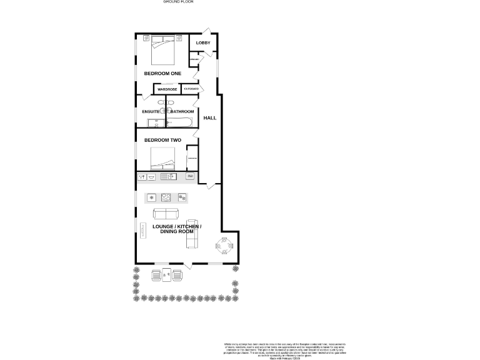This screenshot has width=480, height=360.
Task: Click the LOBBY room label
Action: click(x=203, y=42)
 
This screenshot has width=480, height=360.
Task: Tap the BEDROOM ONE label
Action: click(x=162, y=73)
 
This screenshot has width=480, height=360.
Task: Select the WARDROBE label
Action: click(x=167, y=90)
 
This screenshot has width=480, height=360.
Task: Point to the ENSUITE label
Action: click(x=151, y=112)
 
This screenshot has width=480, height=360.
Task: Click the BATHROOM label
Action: click(x=182, y=112)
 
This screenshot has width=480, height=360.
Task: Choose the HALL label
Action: click(x=210, y=117)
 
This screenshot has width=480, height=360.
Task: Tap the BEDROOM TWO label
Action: click(x=162, y=140)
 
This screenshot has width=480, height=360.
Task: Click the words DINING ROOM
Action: click(x=177, y=231)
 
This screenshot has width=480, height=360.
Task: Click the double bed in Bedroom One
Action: click(x=164, y=50)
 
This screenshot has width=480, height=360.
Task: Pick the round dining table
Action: click(x=226, y=247)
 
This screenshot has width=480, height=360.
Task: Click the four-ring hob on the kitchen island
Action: click(x=167, y=198)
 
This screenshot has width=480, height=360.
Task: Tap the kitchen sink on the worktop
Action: click(x=168, y=177)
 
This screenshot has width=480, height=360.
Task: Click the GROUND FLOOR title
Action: click(x=178, y=2)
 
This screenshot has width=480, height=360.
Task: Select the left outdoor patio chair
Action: click(x=156, y=276)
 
